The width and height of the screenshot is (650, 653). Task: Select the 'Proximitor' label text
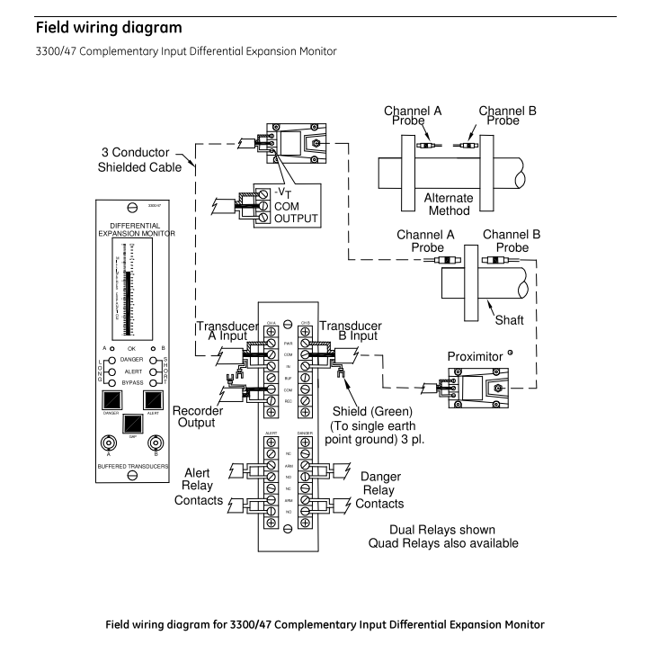point(481,358)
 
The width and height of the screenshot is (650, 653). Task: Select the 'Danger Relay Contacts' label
point(380,491)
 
